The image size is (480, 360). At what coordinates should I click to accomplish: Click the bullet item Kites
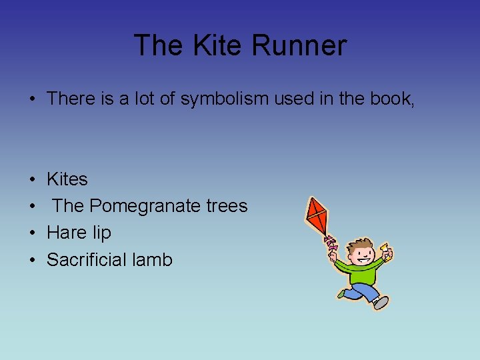tap(67, 179)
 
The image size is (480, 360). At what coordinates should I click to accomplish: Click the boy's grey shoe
tap(381, 303)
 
